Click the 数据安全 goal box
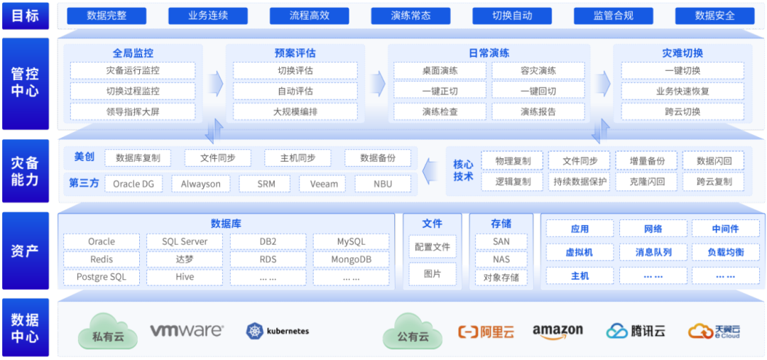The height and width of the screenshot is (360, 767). [714, 15]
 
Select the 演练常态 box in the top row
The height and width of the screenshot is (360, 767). [410, 15]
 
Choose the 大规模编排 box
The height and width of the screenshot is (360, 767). [295, 111]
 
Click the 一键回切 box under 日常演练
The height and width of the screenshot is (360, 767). [538, 91]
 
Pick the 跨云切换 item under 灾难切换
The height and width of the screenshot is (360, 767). [682, 111]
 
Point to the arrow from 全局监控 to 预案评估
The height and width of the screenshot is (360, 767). [215, 84]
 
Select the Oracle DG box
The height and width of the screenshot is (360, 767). [134, 184]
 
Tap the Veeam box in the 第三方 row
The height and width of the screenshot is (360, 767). [324, 184]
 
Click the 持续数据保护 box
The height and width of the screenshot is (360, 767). [580, 182]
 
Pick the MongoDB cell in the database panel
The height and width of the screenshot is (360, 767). [351, 259]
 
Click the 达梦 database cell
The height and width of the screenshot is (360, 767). [185, 259]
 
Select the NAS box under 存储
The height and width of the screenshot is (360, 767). [501, 259]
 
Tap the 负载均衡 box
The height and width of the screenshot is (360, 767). [725, 252]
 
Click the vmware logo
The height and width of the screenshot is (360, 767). [187, 331]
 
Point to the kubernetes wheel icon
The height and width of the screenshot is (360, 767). [254, 331]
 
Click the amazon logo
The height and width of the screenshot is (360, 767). [557, 331]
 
